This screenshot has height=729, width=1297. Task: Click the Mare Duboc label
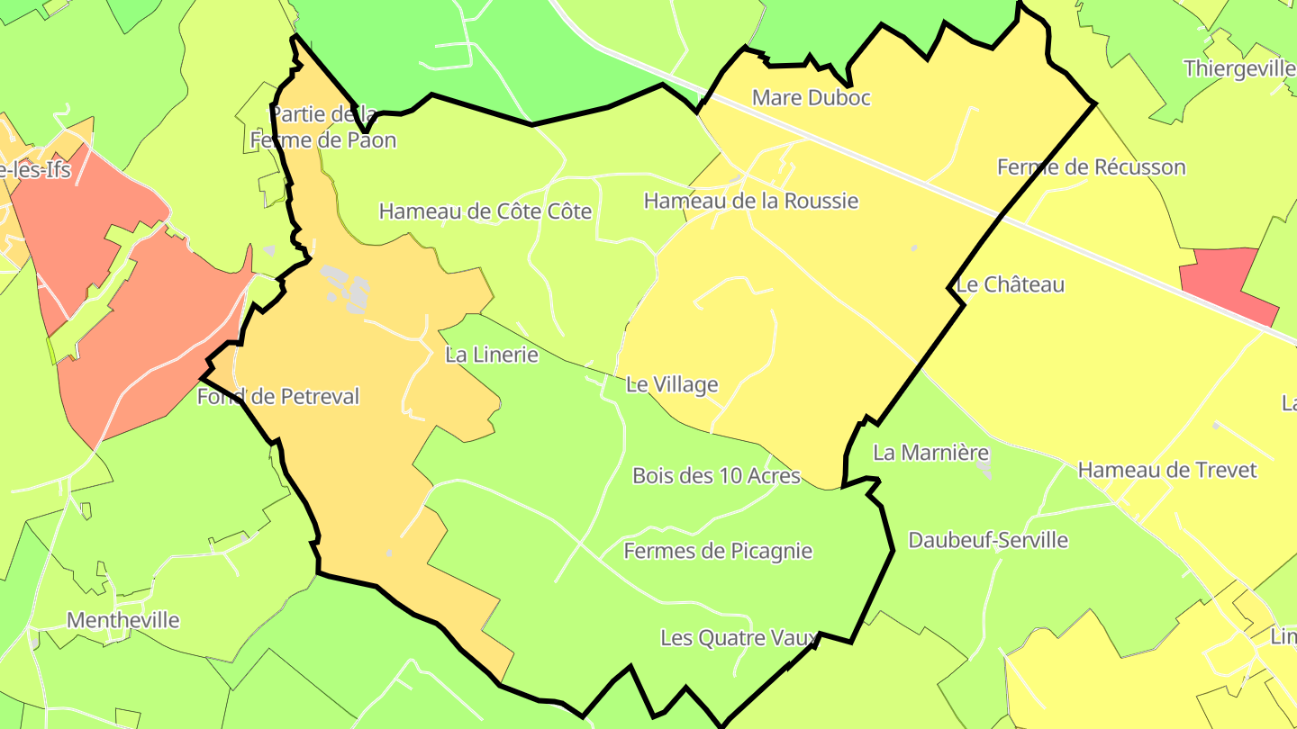pyautogui.click(x=811, y=98)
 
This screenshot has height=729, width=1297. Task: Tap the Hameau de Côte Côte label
pyautogui.click(x=485, y=211)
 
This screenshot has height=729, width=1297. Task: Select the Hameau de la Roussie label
pyautogui.click(x=750, y=201)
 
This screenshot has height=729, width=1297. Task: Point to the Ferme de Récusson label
pyautogui.click(x=1091, y=167)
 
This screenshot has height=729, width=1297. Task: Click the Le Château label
pyautogui.click(x=1010, y=285)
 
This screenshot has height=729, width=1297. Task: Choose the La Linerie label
pyautogui.click(x=492, y=355)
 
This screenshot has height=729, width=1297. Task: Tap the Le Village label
pyautogui.click(x=672, y=385)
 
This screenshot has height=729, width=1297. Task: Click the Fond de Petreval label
pyautogui.click(x=278, y=397)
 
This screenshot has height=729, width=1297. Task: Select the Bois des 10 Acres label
pyautogui.click(x=716, y=475)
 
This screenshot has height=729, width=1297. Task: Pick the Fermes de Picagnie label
pyautogui.click(x=718, y=551)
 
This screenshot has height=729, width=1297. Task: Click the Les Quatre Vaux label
pyautogui.click(x=739, y=638)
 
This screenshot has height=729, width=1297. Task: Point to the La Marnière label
pyautogui.click(x=930, y=453)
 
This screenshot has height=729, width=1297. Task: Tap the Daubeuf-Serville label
pyautogui.click(x=988, y=540)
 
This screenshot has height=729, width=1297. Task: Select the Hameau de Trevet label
pyautogui.click(x=1166, y=470)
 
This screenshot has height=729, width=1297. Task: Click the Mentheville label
pyautogui.click(x=122, y=620)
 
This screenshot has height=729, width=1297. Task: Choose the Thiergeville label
pyautogui.click(x=1238, y=69)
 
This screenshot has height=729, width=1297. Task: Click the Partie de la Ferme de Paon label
pyautogui.click(x=323, y=128)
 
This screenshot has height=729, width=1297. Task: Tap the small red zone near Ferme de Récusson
pyautogui.click(x=1227, y=283)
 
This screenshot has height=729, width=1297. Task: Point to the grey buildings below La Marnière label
pyautogui.click(x=984, y=469)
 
